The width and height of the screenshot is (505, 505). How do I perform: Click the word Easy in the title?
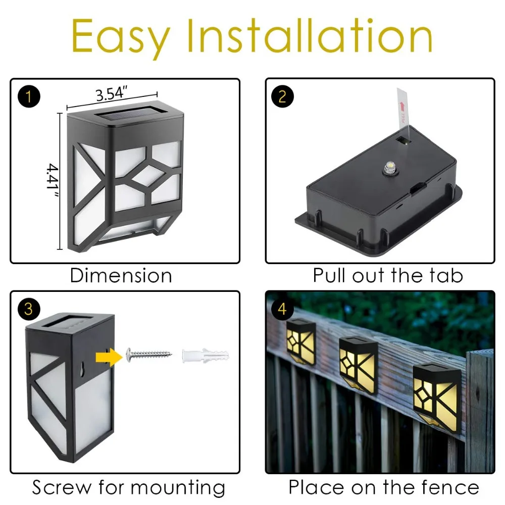click(121, 38)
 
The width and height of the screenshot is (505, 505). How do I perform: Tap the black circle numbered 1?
click(29, 96)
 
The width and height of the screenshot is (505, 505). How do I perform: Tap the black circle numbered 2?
click(282, 96)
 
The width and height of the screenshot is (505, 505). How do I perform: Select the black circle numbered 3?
click(29, 309)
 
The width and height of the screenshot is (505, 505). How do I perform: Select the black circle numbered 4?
click(282, 309)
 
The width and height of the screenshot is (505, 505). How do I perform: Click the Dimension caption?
click(121, 276)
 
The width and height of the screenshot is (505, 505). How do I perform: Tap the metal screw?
click(149, 355)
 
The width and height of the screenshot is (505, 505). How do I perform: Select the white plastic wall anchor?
click(206, 356)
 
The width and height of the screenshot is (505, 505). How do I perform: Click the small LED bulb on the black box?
click(390, 168)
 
